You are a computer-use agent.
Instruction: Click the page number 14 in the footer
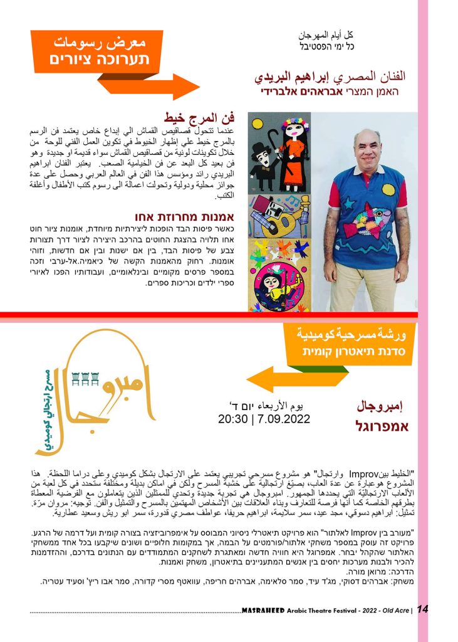point(422,610)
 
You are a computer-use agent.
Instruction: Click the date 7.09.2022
point(283,418)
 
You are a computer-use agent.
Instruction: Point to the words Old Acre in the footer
point(393,611)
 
